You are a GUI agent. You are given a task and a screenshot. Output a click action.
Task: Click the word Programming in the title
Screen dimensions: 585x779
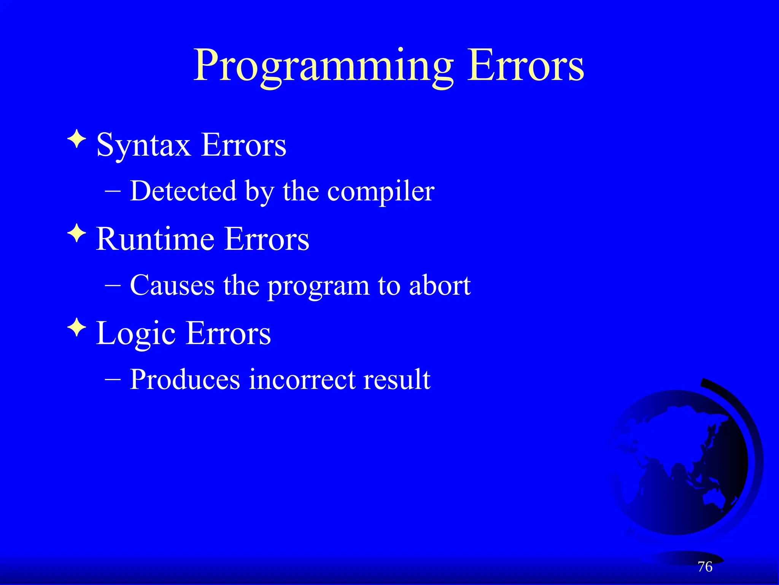(323, 66)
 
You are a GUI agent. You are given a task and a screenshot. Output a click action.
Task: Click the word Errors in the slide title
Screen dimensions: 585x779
(525, 66)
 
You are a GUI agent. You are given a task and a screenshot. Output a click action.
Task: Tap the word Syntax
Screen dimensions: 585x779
(143, 145)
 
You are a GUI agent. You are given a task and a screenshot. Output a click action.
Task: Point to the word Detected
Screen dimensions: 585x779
(183, 191)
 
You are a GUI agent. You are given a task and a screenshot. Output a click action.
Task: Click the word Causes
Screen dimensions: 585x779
(172, 285)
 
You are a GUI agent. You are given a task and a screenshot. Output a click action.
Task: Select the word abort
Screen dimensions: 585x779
(440, 285)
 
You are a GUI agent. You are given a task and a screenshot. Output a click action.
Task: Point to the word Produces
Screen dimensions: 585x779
(185, 380)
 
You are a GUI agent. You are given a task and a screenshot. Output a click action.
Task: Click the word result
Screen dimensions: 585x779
(396, 380)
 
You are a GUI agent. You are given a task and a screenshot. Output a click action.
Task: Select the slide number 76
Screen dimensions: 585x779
(705, 567)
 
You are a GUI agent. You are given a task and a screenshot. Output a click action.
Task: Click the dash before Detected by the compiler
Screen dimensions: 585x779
(113, 191)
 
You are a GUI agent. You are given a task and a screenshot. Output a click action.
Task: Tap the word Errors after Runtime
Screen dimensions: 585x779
(267, 239)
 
